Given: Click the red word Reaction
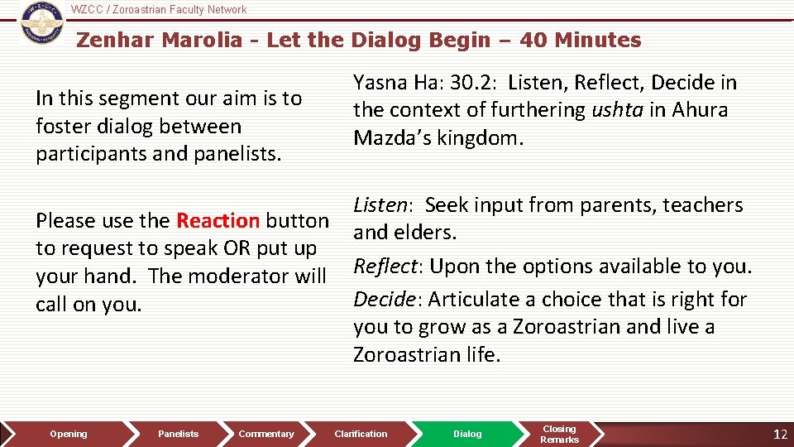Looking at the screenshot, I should (218, 221).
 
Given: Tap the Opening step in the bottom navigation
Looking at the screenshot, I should (68, 434).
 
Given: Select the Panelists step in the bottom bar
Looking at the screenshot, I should (178, 434).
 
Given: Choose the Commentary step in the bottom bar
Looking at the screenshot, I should (265, 434).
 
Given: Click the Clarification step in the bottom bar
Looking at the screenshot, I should (361, 434).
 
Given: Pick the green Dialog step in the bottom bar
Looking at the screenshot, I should (467, 434).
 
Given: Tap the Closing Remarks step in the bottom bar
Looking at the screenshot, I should (559, 434).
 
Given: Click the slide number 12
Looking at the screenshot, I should (779, 434).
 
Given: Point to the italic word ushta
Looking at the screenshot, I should (617, 110).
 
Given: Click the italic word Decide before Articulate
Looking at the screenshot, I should (385, 299).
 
